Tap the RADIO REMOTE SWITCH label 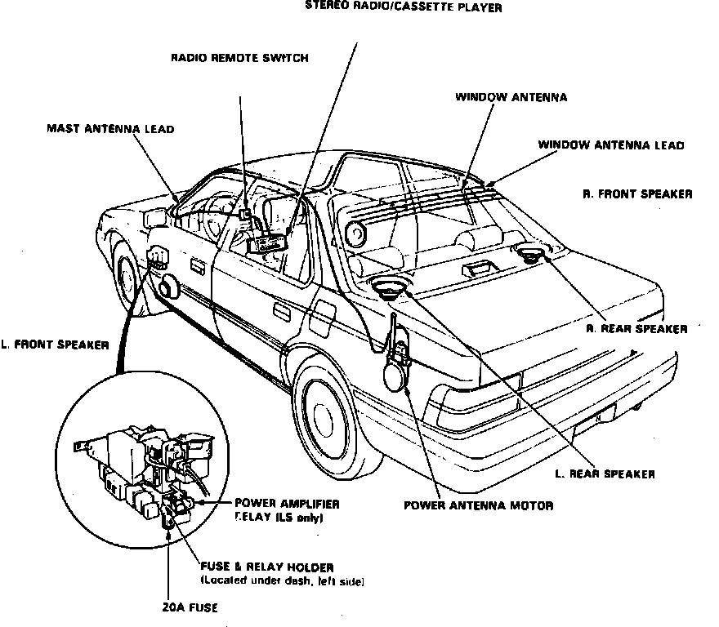(239, 58)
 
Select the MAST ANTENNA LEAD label (110, 128)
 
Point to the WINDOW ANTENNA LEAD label (610, 145)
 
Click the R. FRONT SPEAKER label (637, 194)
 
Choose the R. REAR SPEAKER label (636, 329)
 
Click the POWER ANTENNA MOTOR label (478, 505)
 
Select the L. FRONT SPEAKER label (55, 345)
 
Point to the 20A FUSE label (190, 608)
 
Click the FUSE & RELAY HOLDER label (266, 567)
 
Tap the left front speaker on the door (169, 287)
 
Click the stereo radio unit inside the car (268, 242)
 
